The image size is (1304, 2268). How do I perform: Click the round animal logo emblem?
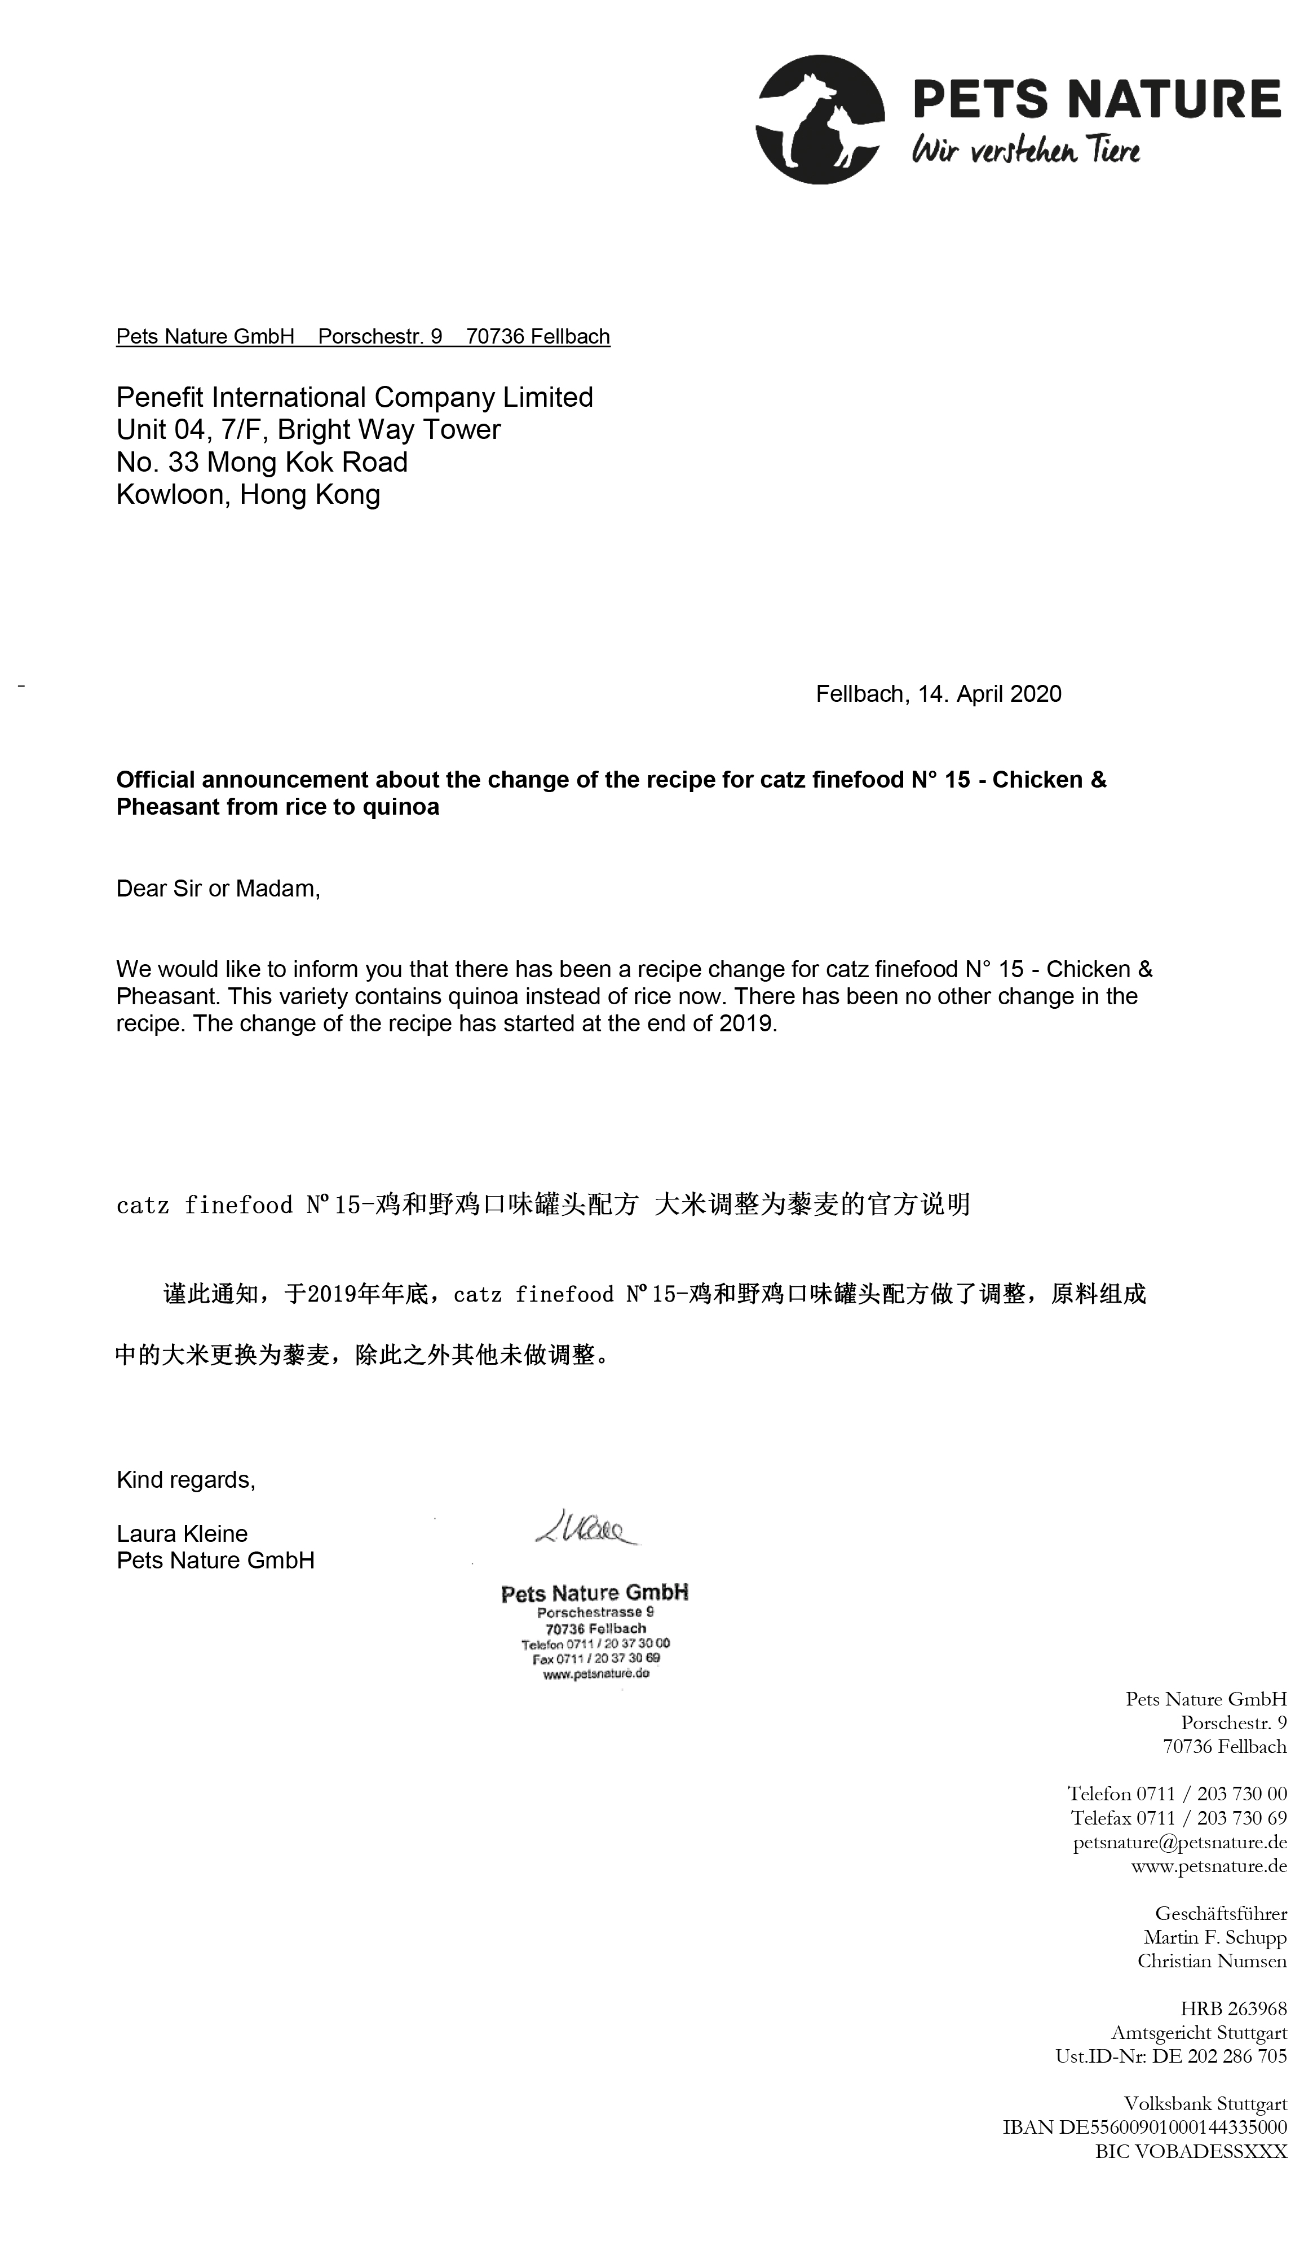pyautogui.click(x=820, y=119)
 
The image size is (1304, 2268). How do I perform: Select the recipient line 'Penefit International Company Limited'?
pyautogui.click(x=355, y=397)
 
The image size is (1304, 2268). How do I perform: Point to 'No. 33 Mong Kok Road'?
pyautogui.click(x=262, y=463)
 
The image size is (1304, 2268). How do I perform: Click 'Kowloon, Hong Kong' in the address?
pyautogui.click(x=248, y=495)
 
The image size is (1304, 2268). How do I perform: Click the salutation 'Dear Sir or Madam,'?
pyautogui.click(x=218, y=889)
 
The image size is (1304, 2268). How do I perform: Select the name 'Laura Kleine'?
pyautogui.click(x=182, y=1533)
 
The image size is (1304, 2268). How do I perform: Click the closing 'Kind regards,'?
pyautogui.click(x=185, y=1479)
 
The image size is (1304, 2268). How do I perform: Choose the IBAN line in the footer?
pyautogui.click(x=1144, y=2128)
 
